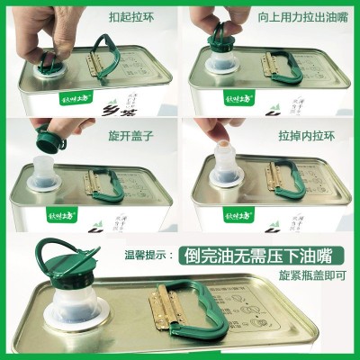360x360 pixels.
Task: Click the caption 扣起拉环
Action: coord(131,16)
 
